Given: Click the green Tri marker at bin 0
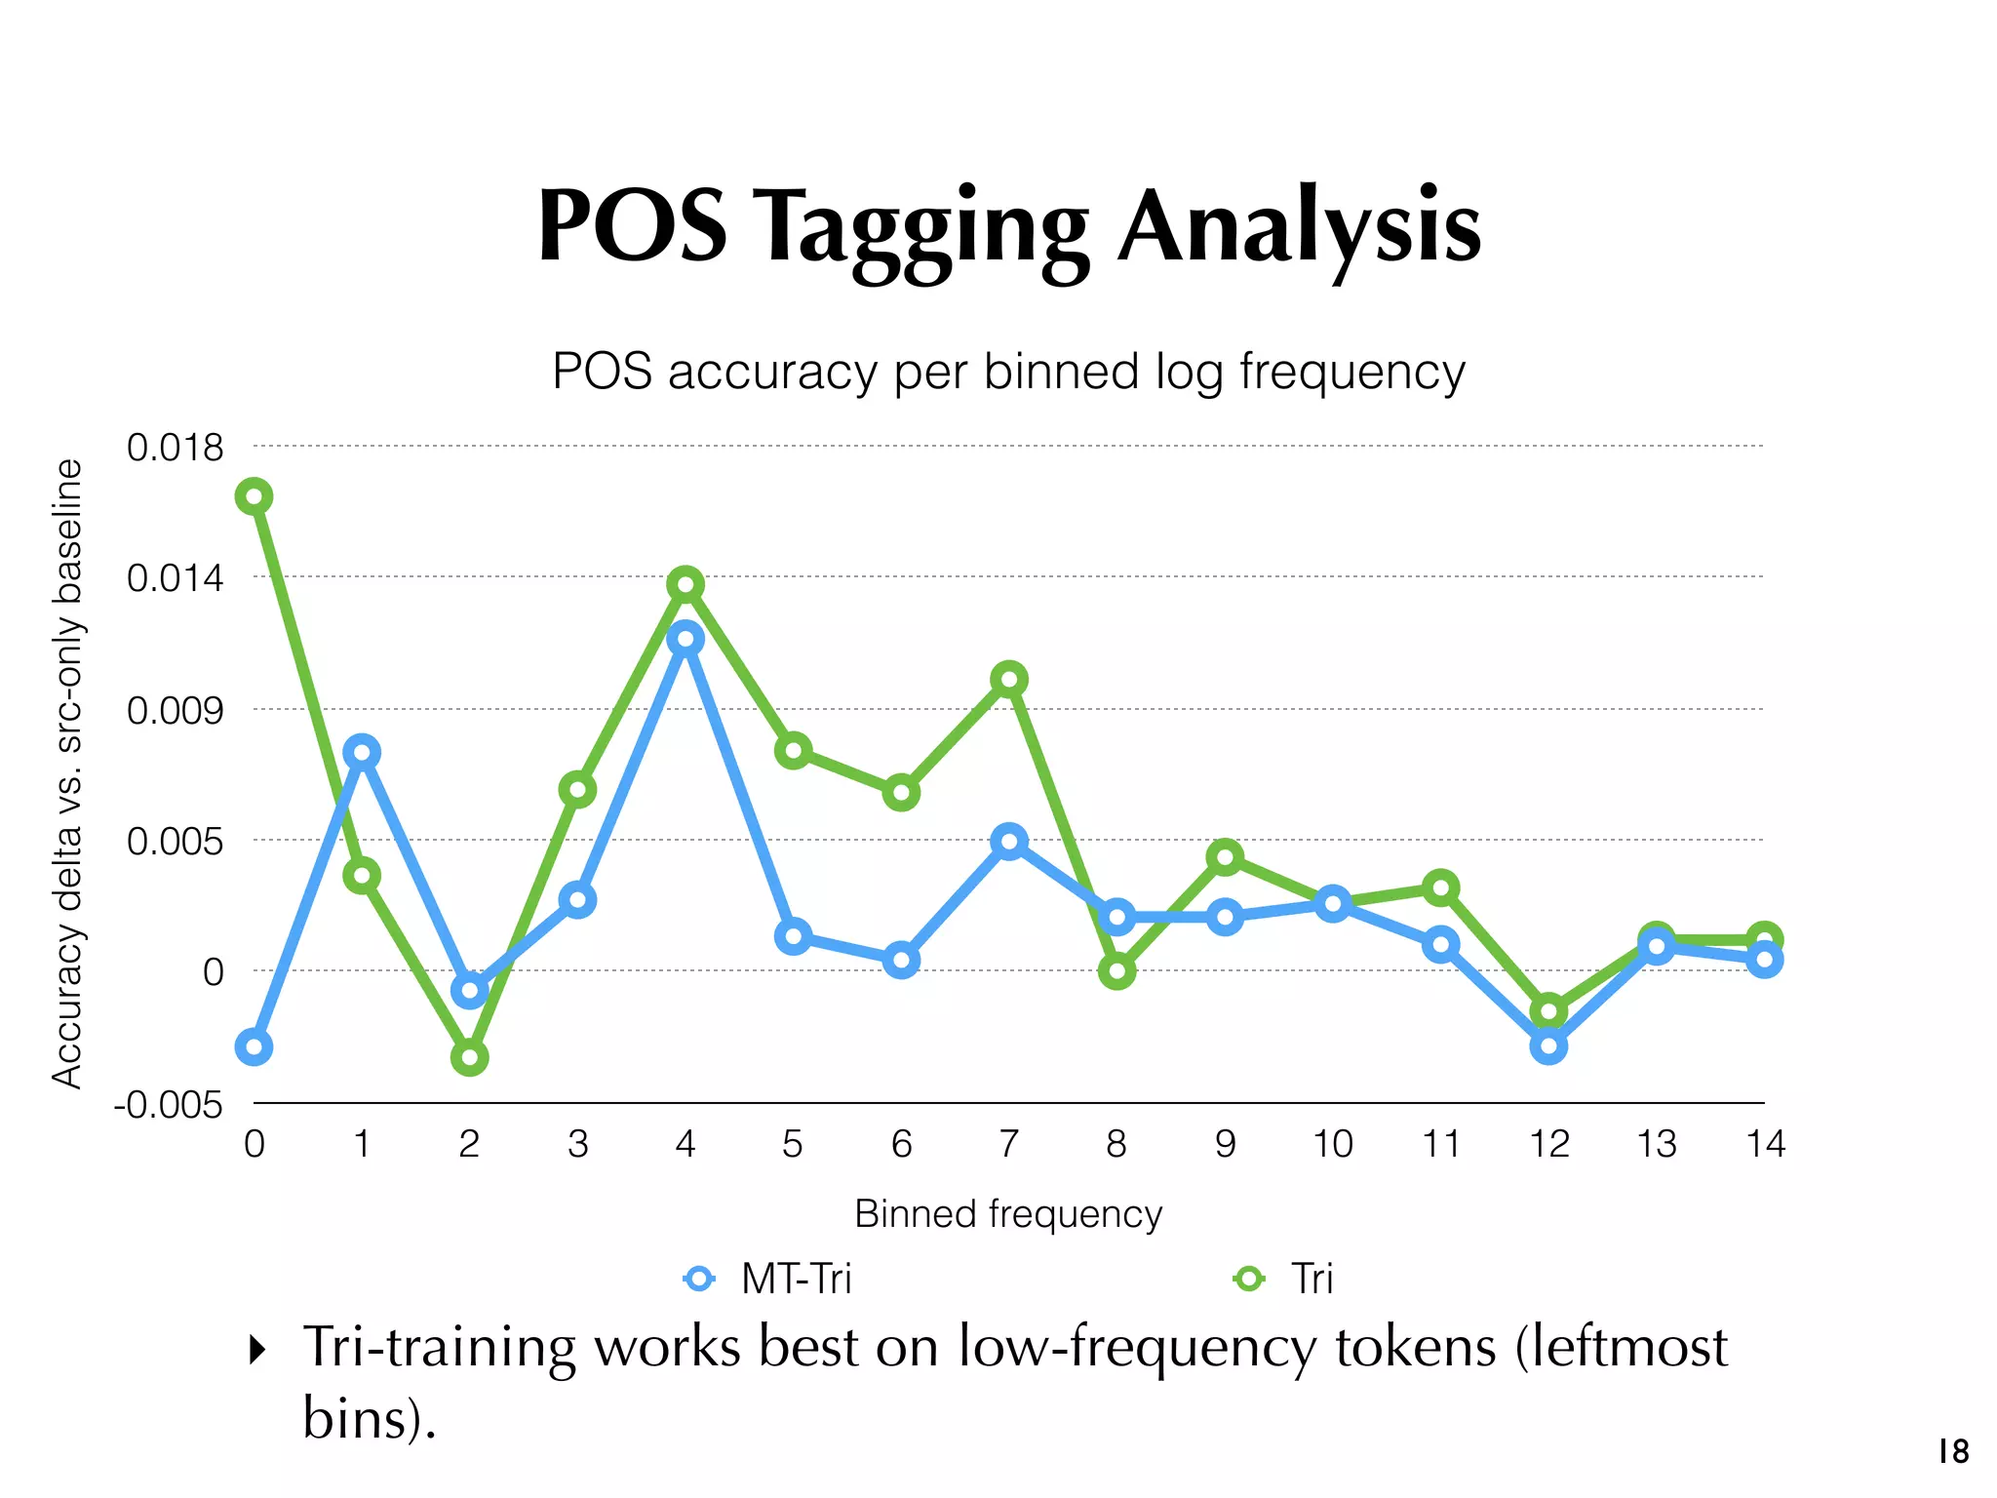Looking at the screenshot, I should (x=254, y=496).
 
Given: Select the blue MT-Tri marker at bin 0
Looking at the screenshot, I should (x=254, y=1046).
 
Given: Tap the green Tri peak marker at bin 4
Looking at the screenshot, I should (x=685, y=584).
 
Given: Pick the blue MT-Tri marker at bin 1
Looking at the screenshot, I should (x=362, y=752).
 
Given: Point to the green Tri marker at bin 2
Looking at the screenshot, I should (x=469, y=1057).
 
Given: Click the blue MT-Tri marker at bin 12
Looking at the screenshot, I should (x=1548, y=1046).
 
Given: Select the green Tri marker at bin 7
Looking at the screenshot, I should (x=1009, y=679).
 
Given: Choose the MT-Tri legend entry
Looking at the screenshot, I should (x=768, y=1279).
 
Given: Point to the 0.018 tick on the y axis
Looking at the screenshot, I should (x=176, y=448).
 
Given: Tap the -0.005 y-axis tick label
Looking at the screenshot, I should (x=168, y=1106).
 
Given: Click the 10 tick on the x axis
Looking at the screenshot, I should (x=1332, y=1144).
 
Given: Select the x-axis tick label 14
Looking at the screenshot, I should (x=1765, y=1144).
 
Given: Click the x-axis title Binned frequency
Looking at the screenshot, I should (x=1008, y=1214).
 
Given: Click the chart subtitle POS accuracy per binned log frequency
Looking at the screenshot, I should (x=1008, y=372).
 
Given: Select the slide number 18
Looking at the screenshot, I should (x=1953, y=1452).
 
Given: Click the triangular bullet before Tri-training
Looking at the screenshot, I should (x=257, y=1350).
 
